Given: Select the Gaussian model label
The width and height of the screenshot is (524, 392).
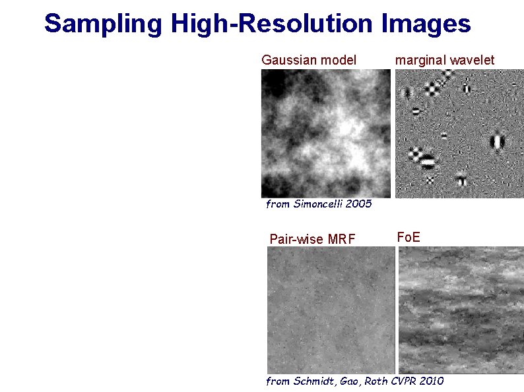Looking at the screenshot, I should pyautogui.click(x=309, y=61).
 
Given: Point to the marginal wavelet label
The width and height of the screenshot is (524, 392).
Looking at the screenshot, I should pyautogui.click(x=444, y=61).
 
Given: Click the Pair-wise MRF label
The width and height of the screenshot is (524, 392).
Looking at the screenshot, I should pyautogui.click(x=312, y=238).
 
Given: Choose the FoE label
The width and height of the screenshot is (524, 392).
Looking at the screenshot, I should pyautogui.click(x=408, y=237).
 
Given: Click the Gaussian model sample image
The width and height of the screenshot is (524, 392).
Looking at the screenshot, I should pyautogui.click(x=326, y=133).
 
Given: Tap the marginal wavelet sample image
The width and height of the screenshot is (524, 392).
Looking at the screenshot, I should pyautogui.click(x=459, y=133).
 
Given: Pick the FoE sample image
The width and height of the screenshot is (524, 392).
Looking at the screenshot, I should pyautogui.click(x=461, y=310).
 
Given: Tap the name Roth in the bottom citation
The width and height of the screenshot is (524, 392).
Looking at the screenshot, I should pyautogui.click(x=374, y=381).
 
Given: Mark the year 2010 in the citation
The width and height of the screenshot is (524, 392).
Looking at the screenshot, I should pyautogui.click(x=433, y=381).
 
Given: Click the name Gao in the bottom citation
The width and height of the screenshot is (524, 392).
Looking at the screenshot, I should pyautogui.click(x=348, y=381).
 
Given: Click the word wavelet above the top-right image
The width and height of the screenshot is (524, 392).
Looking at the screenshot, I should pyautogui.click(x=471, y=61).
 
